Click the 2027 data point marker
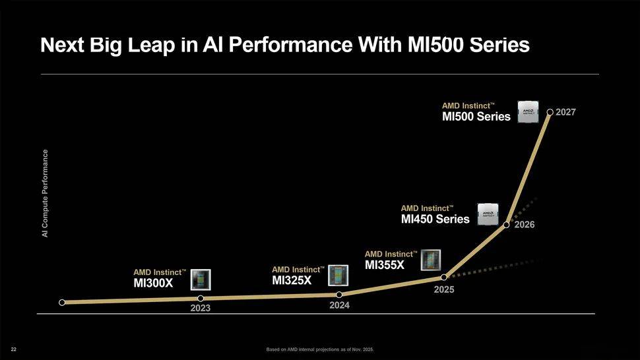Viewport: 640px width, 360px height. (550, 112)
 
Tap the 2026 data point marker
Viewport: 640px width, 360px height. (506, 225)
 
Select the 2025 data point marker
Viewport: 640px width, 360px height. (444, 277)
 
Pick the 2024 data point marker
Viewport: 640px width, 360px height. (338, 295)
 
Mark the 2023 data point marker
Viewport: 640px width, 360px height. (201, 299)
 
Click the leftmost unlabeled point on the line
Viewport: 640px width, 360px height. (62, 303)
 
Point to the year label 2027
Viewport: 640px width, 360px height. (566, 112)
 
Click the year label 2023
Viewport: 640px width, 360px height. (201, 309)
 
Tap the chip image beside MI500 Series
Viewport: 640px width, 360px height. (528, 112)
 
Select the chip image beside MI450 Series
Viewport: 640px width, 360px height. (488, 214)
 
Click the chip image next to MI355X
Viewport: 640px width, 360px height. (430, 259)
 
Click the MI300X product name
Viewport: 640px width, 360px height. (153, 284)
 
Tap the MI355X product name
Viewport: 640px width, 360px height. (385, 265)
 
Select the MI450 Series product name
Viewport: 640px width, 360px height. (435, 220)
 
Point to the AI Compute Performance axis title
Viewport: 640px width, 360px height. (45, 194)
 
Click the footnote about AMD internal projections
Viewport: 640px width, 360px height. (320, 349)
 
